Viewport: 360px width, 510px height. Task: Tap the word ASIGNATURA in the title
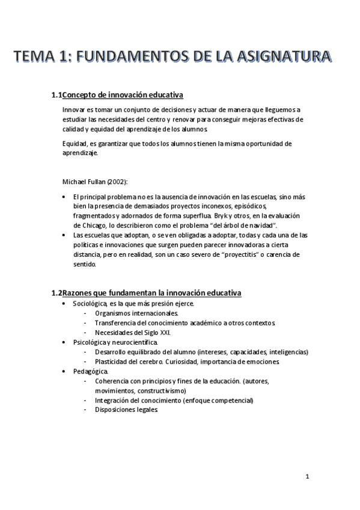281,57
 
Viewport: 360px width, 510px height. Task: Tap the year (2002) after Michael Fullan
117,181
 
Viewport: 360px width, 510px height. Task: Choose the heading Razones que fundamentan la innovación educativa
151,293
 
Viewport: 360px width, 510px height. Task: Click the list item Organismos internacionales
136,313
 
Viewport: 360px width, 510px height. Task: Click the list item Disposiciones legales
126,410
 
